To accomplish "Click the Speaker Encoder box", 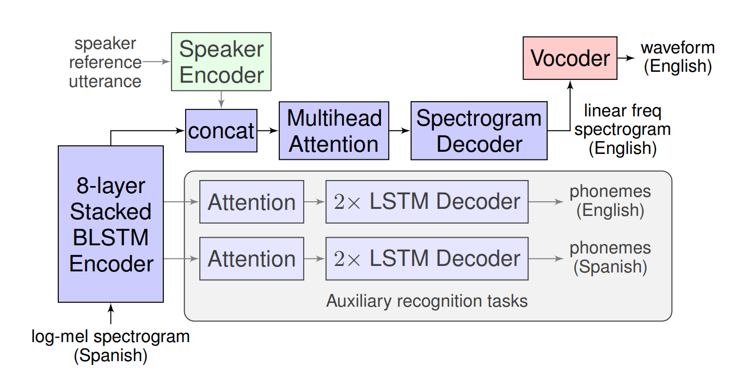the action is [221, 61].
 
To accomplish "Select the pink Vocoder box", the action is [570, 58].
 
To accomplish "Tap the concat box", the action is [221, 131].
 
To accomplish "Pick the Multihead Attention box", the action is [334, 131].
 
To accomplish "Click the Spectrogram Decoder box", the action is [479, 131].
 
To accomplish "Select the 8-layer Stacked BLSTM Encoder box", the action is [111, 224].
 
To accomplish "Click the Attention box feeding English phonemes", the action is [252, 202].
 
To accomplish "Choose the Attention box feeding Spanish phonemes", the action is [252, 259].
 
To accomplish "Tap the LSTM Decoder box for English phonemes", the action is [427, 202].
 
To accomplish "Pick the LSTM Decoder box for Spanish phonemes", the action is [427, 259].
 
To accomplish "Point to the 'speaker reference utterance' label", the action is [105, 63].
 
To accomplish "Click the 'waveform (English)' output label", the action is [678, 57].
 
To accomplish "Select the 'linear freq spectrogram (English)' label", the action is [623, 130].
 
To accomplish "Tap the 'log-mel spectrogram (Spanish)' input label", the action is [111, 346].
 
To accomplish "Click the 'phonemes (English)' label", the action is [610, 201].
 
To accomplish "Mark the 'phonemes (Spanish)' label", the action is [610, 257].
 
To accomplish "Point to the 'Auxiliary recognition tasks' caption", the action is [427, 301].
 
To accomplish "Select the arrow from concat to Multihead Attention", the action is [268, 131].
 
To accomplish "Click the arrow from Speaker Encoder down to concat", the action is [221, 100].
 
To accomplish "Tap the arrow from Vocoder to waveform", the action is [626, 58].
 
